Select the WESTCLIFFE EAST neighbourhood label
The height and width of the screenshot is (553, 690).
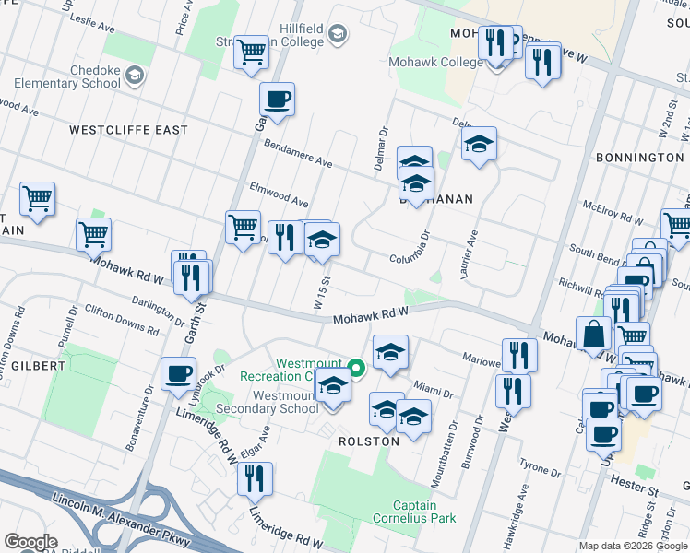point(128,130)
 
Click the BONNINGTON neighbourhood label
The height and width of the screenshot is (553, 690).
point(639,158)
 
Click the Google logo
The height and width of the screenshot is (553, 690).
point(31,542)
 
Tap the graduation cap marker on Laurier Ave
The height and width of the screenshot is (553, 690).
point(479,144)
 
